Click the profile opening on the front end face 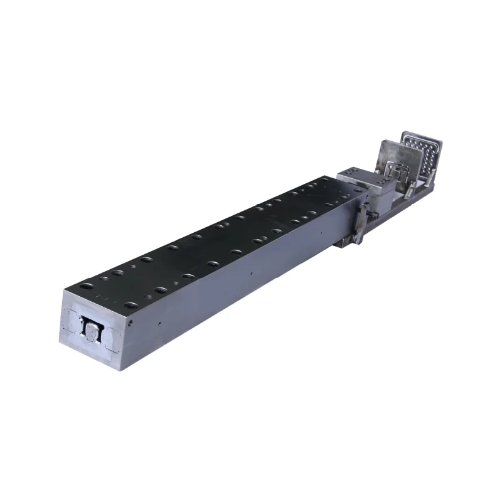[93, 331]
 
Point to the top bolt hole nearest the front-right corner [131, 306]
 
